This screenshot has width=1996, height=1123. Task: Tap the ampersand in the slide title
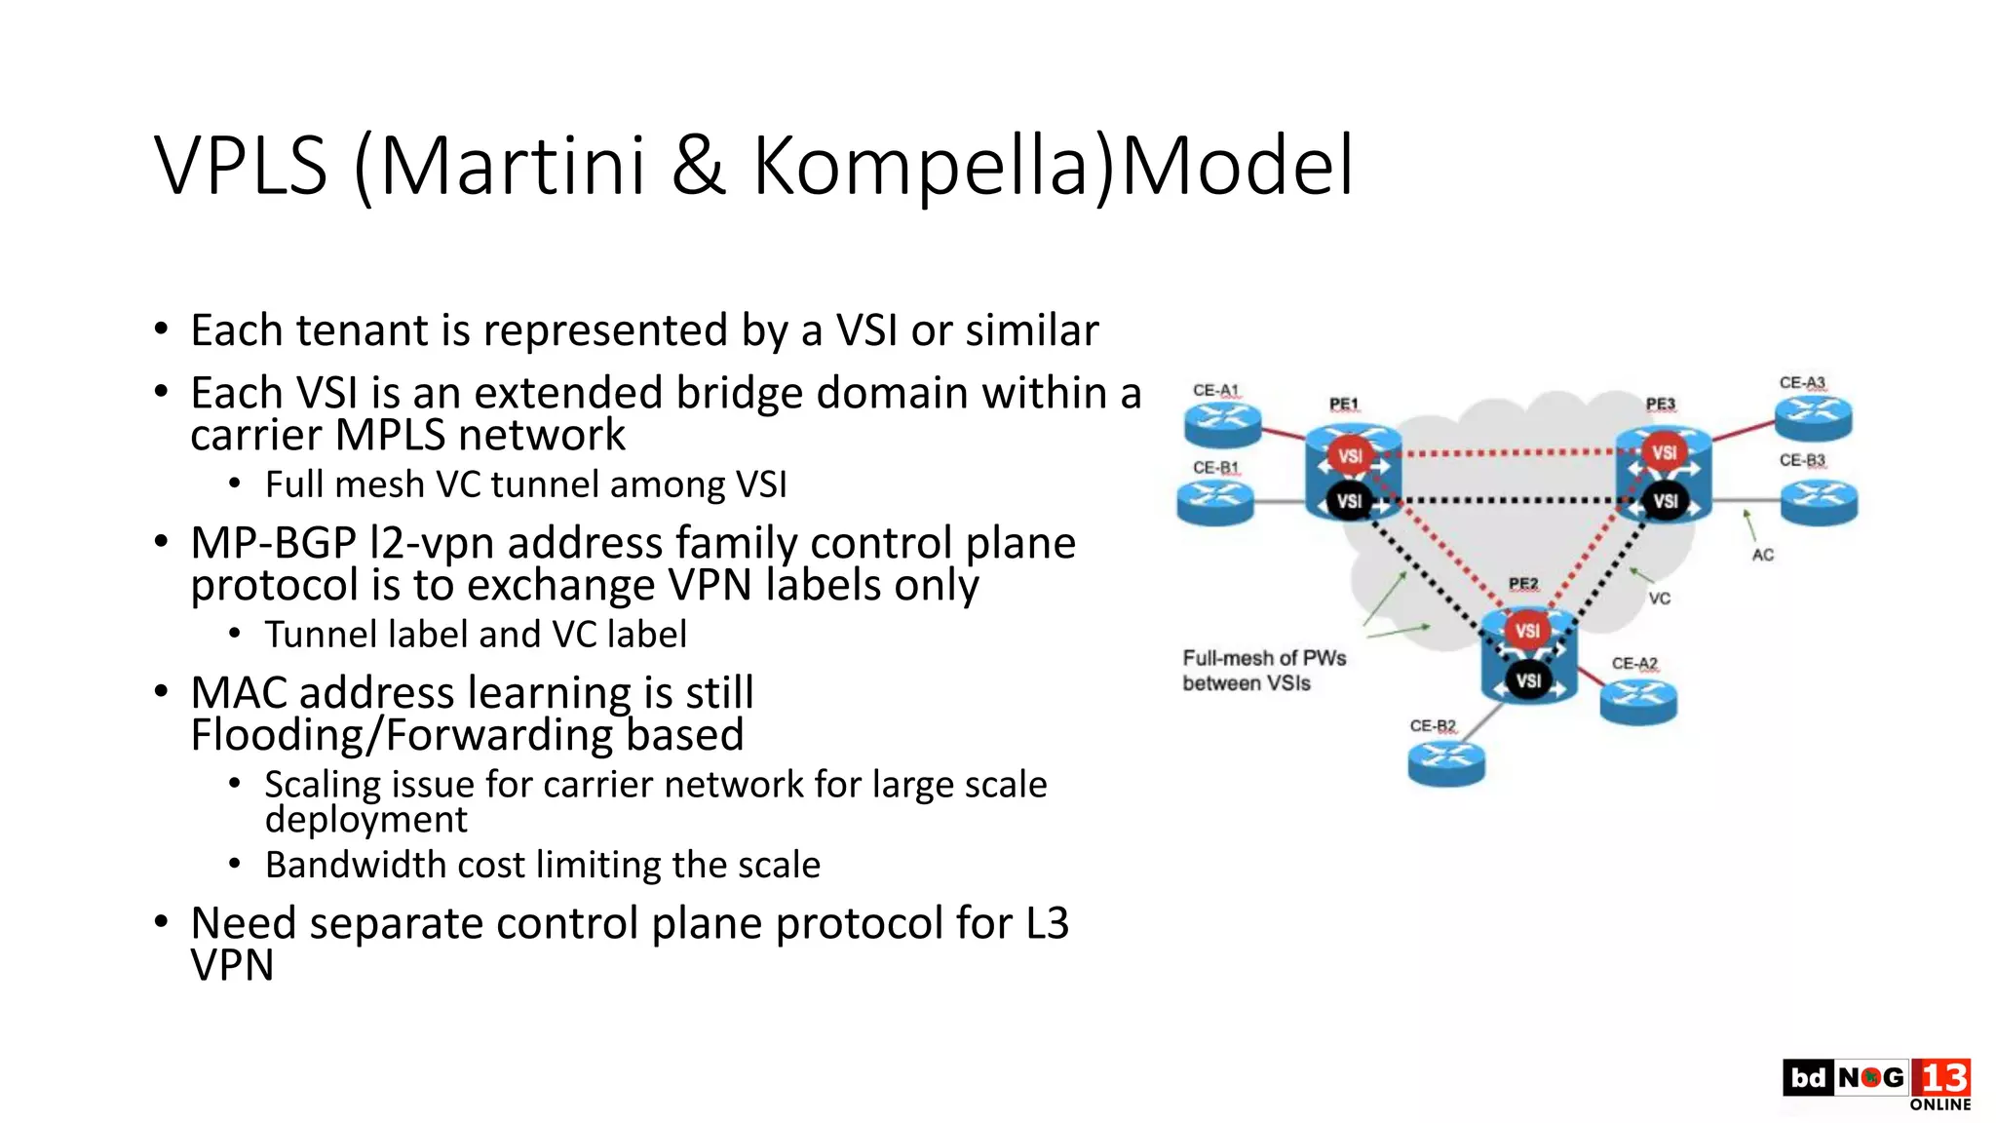point(699,167)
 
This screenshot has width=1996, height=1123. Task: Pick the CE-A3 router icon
point(1813,416)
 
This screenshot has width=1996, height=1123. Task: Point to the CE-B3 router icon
point(1819,501)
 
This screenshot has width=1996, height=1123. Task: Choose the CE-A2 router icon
point(1638,699)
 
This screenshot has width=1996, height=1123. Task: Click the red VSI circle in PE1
point(1350,455)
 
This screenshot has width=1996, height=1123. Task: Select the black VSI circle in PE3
point(1665,501)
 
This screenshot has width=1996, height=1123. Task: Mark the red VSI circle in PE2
point(1527,631)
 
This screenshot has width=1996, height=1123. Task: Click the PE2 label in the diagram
point(1523,584)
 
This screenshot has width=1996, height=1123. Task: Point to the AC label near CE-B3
point(1762,556)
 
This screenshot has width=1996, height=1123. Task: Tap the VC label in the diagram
point(1659,599)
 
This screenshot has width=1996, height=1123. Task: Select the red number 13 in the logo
point(1941,1078)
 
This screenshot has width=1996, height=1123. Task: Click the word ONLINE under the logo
point(1939,1104)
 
